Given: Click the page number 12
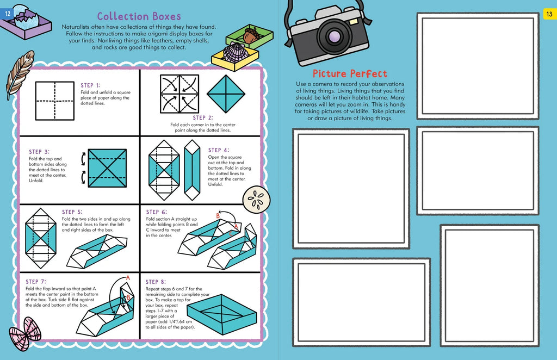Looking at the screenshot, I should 8,14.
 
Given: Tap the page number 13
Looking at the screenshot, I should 549,14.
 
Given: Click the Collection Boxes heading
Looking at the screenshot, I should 139,16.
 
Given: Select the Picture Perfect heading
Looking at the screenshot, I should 350,73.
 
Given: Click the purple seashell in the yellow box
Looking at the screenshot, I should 235,53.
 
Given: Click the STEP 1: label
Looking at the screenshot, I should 90,85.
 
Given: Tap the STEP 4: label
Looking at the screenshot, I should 218,150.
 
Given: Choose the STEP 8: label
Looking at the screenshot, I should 156,282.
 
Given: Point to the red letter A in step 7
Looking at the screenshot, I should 128,277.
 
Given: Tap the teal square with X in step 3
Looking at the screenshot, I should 107,168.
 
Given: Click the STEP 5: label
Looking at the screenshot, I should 72,212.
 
